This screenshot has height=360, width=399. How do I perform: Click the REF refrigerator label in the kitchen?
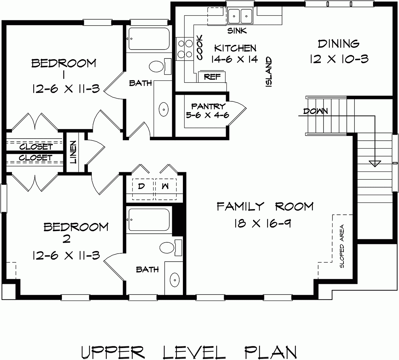point(212,77)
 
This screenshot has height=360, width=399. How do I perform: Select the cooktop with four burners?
point(185,49)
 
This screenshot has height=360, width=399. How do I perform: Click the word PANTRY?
point(208,106)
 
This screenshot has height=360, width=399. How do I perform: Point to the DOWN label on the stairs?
point(315,111)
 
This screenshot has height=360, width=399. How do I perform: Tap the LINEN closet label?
point(73,153)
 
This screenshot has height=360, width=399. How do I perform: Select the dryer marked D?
point(141,186)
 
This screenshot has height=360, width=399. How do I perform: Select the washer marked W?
point(165,186)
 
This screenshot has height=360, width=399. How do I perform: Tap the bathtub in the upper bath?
point(148,39)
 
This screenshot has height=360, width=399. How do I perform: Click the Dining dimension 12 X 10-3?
point(339,59)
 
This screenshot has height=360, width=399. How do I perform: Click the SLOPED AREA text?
point(341,246)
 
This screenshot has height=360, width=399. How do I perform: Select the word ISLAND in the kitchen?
point(269,72)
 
